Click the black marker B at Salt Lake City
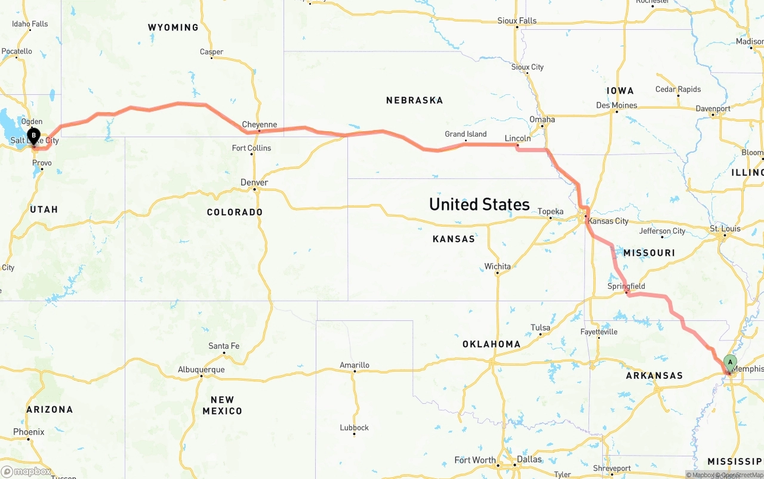pyautogui.click(x=34, y=136)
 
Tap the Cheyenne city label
pyautogui.click(x=259, y=125)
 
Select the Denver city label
pyautogui.click(x=254, y=183)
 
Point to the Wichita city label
pyautogui.click(x=497, y=266)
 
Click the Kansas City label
pyautogui.click(x=608, y=221)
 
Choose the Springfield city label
pyautogui.click(x=626, y=286)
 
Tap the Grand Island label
pyautogui.click(x=466, y=134)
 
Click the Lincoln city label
pyautogui.click(x=517, y=138)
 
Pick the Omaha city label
pyautogui.click(x=542, y=119)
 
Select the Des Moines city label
pyautogui.click(x=617, y=106)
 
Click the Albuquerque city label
pyautogui.click(x=201, y=370)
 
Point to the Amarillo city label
pyautogui.click(x=355, y=365)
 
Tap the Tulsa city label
pyautogui.click(x=540, y=327)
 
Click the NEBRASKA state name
pyautogui.click(x=414, y=100)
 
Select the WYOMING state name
pyautogui.click(x=173, y=27)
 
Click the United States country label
pyautogui.click(x=479, y=205)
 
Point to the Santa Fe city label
pyautogui.click(x=224, y=346)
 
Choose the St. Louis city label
pyautogui.click(x=725, y=228)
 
